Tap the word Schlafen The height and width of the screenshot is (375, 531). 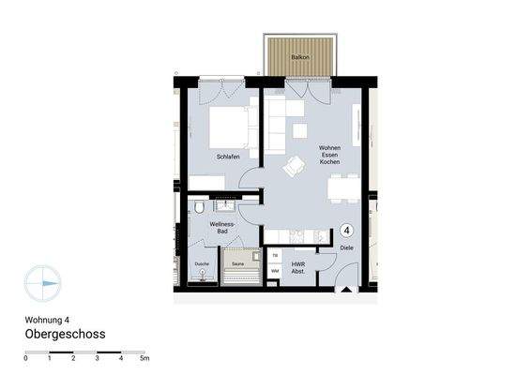(228, 157)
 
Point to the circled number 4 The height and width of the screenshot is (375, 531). (346, 230)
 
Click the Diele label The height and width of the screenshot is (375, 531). (347, 247)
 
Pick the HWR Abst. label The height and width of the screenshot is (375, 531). (298, 268)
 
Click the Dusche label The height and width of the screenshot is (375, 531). (202, 265)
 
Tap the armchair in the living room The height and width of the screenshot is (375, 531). (295, 166)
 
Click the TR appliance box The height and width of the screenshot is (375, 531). (275, 255)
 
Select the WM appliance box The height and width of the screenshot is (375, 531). (275, 271)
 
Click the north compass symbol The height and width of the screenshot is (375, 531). (43, 279)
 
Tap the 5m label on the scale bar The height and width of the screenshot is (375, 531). (144, 359)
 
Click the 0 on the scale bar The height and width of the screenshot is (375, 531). (26, 359)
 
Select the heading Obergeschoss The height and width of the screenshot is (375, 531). (65, 334)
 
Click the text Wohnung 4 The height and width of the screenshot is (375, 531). (47, 319)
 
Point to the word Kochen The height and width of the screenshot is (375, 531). (329, 164)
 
